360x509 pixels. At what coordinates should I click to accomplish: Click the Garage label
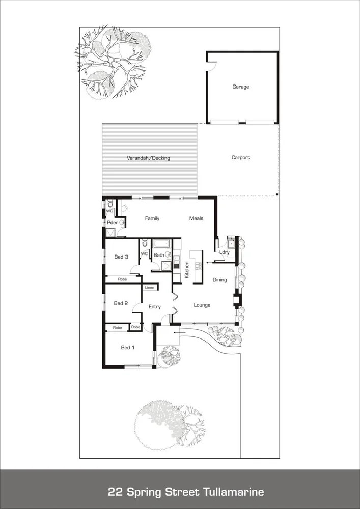pyautogui.click(x=241, y=87)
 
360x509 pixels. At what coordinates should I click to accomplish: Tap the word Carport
pyautogui.click(x=240, y=158)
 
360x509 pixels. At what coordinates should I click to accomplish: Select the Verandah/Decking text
pyautogui.click(x=148, y=158)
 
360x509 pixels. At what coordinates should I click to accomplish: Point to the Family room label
pyautogui.click(x=152, y=218)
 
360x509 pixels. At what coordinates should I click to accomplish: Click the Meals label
pyautogui.click(x=196, y=218)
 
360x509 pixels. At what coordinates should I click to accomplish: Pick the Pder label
pyautogui.click(x=112, y=223)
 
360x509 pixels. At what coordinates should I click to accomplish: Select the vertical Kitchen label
pyautogui.click(x=187, y=269)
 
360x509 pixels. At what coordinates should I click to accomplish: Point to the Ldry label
pyautogui.click(x=224, y=252)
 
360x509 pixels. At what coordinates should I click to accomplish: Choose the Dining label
pyautogui.click(x=219, y=280)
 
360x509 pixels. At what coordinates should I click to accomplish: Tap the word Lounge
pyautogui.click(x=202, y=305)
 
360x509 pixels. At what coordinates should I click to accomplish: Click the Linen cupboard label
pyautogui.click(x=150, y=288)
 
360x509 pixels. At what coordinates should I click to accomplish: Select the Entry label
pyautogui.click(x=154, y=307)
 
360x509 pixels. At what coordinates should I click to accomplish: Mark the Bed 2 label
pyautogui.click(x=121, y=303)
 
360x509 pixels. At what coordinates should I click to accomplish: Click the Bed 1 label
pyautogui.click(x=128, y=348)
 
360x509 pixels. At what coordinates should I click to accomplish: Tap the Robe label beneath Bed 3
pyautogui.click(x=122, y=279)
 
